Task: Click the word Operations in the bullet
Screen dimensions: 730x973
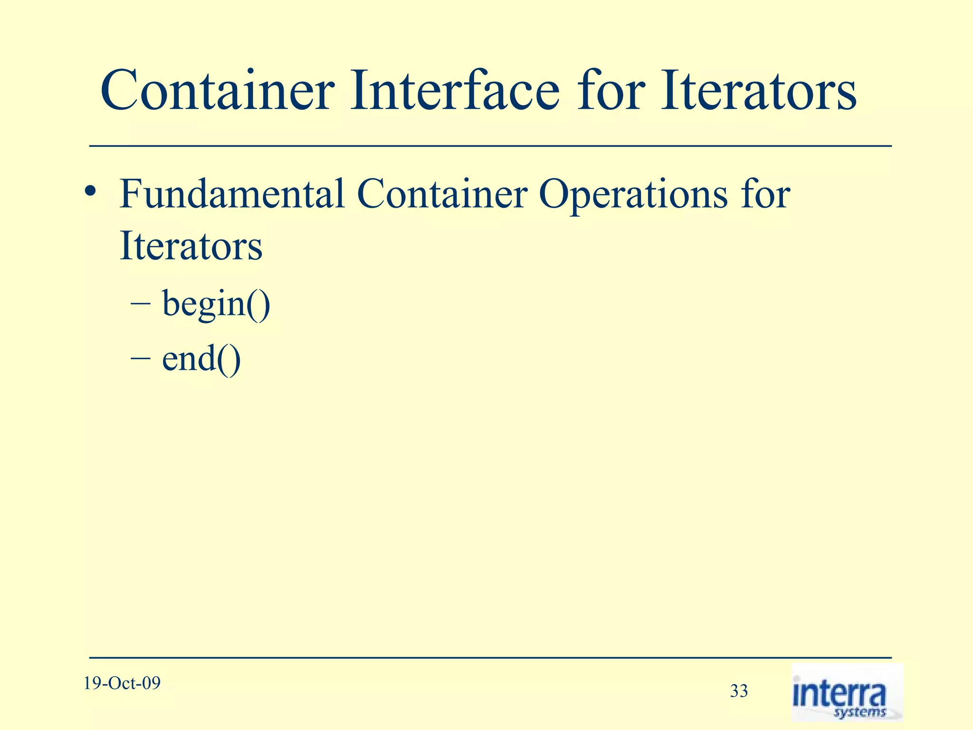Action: point(632,195)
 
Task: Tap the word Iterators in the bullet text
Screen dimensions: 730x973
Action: point(191,246)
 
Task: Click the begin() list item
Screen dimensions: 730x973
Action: point(216,304)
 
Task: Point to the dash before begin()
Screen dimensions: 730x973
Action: point(140,304)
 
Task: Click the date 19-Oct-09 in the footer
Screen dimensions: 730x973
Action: point(122,683)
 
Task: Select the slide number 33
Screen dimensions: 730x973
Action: point(738,691)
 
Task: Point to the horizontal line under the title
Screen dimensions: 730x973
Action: point(490,146)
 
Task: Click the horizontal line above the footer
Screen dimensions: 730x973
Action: point(490,658)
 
